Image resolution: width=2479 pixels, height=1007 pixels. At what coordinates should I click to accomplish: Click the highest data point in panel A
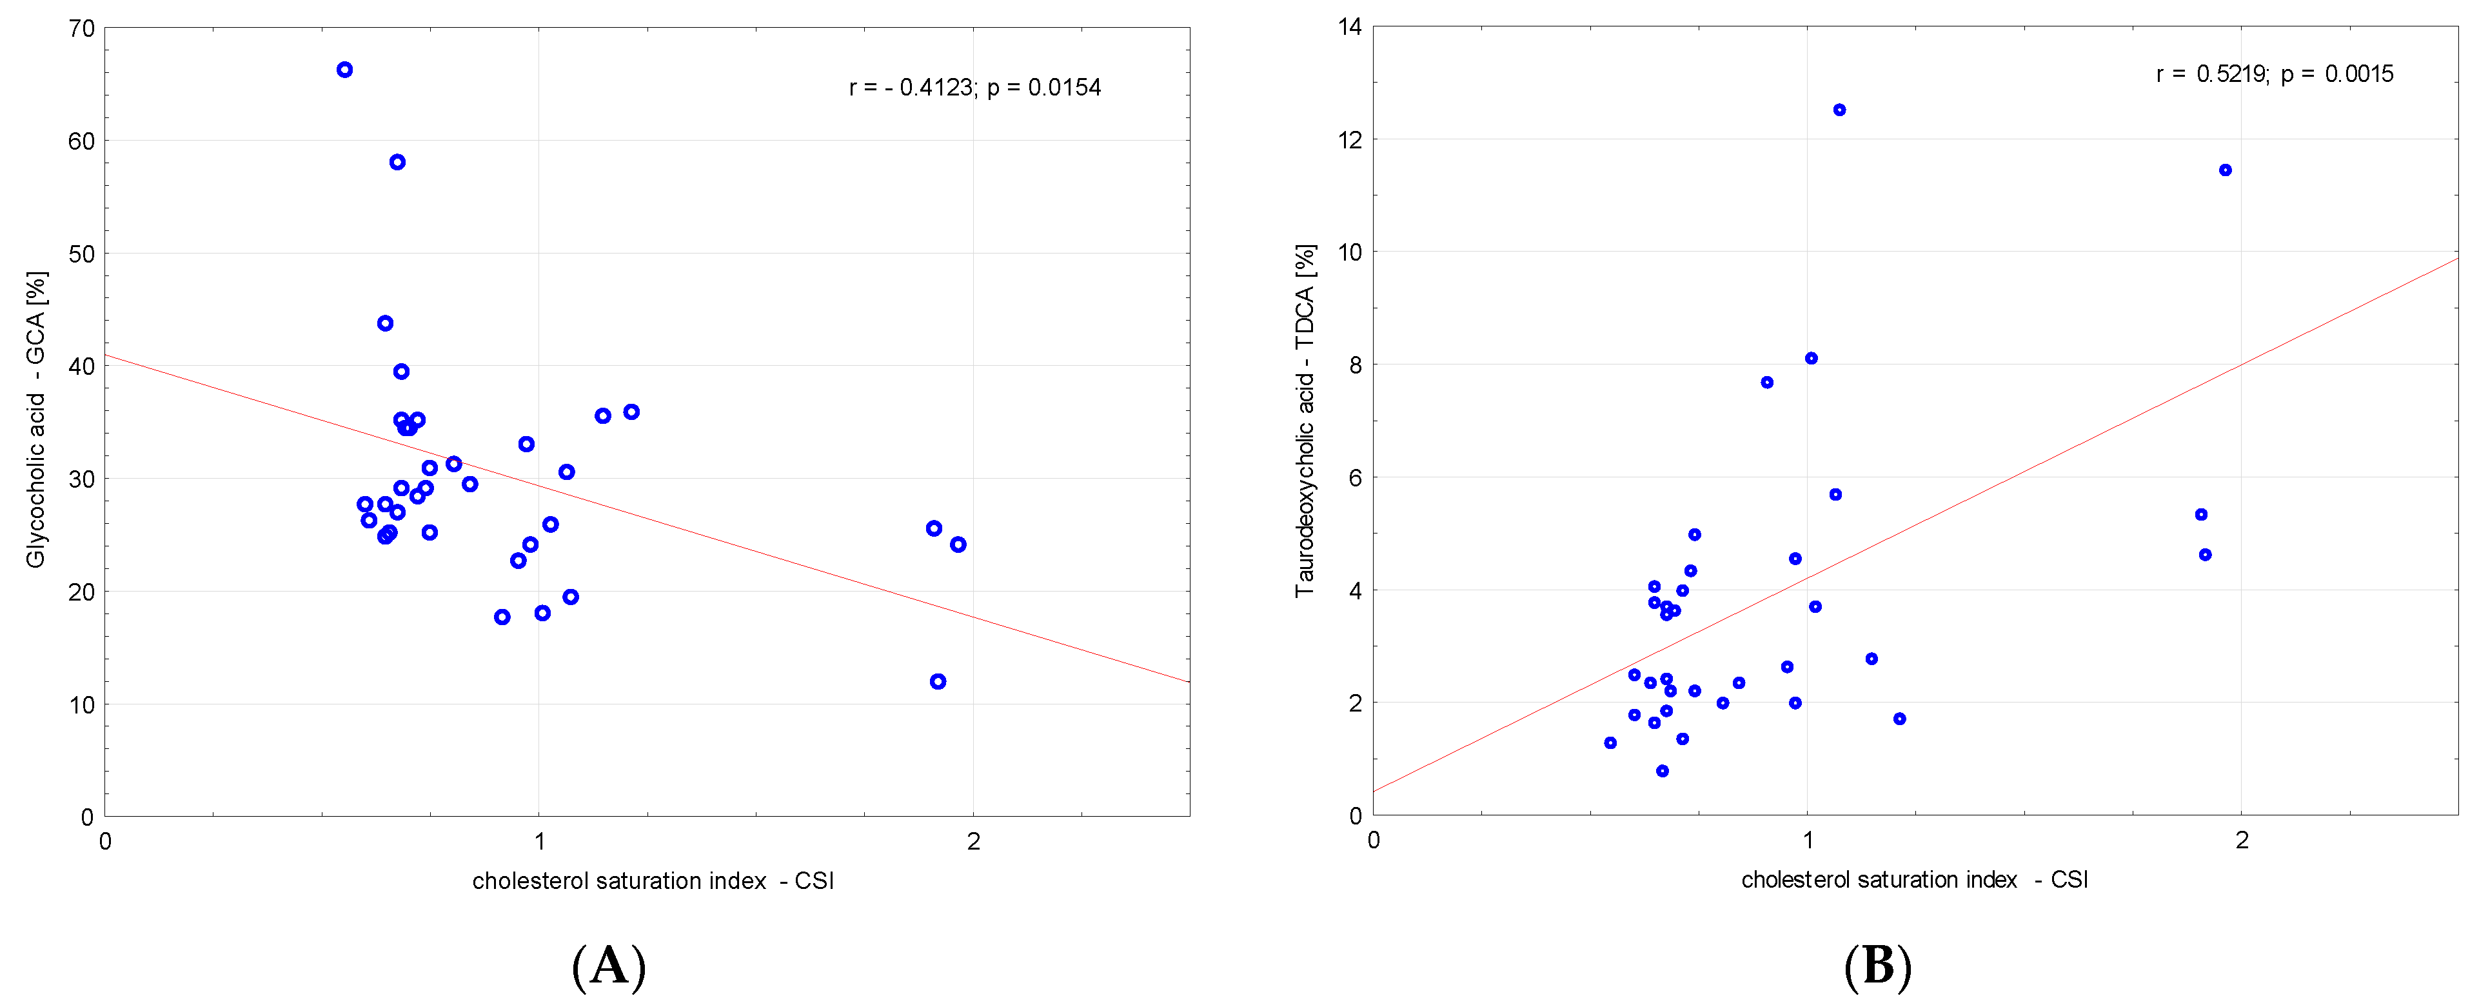344,69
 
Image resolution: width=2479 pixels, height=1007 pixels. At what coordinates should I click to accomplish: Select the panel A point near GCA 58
397,162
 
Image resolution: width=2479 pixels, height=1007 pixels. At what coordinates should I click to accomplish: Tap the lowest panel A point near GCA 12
938,682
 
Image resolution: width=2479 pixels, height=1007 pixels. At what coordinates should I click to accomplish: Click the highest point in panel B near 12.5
1839,110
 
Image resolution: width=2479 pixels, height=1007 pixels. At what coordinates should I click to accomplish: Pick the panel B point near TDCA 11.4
2225,170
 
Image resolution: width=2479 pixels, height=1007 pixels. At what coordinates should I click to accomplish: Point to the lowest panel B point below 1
1662,771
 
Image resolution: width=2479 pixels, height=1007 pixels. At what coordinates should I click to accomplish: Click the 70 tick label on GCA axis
83,29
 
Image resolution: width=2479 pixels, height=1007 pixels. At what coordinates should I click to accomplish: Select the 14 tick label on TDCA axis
1350,27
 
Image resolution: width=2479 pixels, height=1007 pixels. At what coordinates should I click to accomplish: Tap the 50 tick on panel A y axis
83,254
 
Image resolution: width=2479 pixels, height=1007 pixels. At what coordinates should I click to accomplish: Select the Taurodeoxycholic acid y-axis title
1305,420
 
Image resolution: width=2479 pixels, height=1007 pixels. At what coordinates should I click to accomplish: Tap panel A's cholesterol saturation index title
653,881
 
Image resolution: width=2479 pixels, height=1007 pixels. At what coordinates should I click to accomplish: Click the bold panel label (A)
608,966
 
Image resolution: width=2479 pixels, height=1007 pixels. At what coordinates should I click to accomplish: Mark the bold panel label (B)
1877,966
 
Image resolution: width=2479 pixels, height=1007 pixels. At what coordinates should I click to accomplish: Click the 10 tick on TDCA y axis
1350,252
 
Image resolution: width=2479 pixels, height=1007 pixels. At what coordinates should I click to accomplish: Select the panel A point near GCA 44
385,323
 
